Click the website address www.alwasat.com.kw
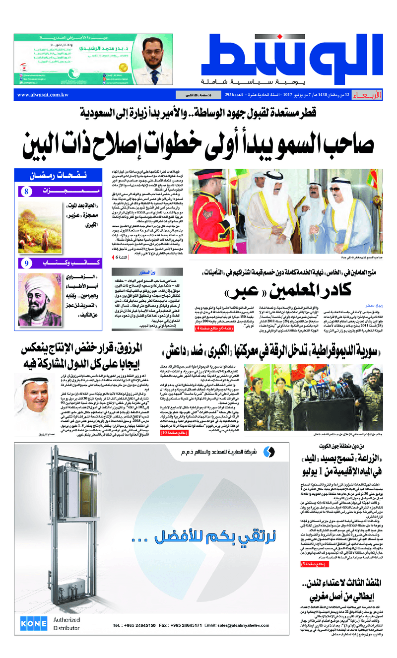(42, 95)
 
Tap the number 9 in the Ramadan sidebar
(26, 263)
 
